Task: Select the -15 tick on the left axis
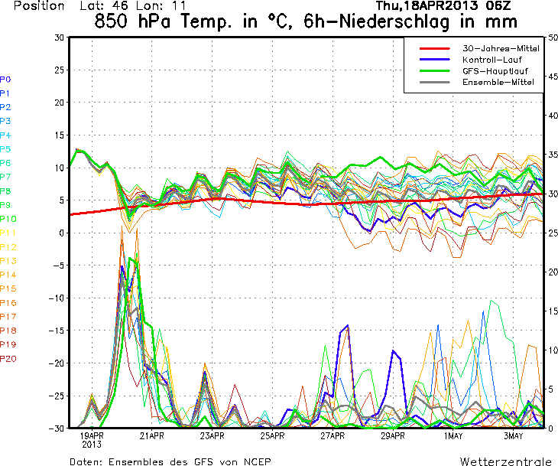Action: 58,331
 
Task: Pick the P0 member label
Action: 5,79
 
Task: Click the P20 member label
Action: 8,359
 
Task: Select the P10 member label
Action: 8,219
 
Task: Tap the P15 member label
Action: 8,288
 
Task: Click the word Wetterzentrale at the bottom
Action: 504,461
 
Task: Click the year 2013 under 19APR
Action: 92,444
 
